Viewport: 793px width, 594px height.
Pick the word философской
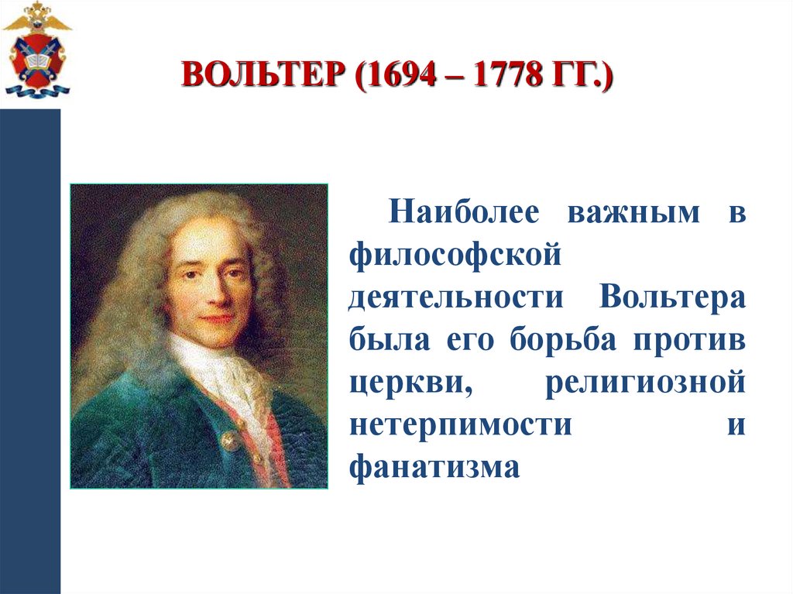tap(453, 256)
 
